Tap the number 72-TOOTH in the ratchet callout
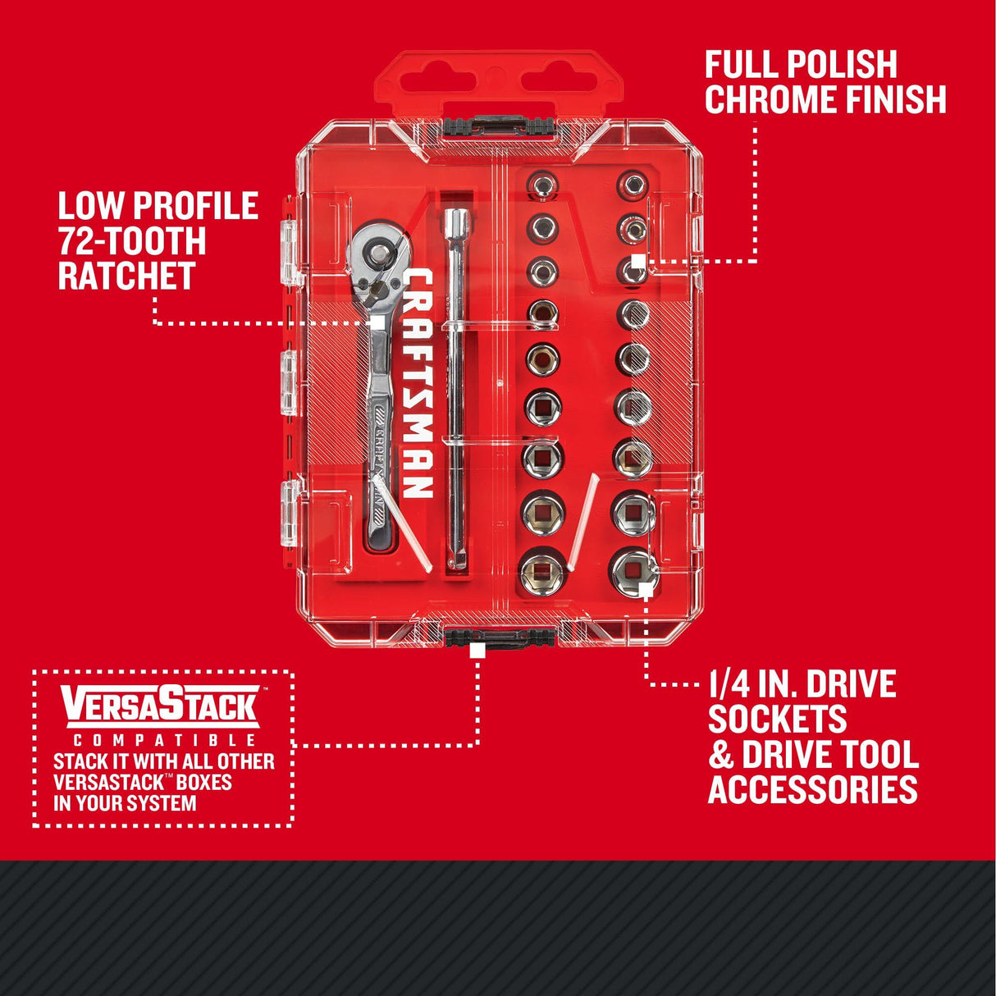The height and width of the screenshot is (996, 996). pos(131,241)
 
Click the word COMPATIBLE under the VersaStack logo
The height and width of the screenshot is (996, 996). pos(162,741)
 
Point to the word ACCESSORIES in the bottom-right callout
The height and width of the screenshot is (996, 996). pos(812,789)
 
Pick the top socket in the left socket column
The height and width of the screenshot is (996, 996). pos(541,185)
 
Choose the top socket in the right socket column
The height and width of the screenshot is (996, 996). pos(631,185)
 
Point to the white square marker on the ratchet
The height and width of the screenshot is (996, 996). pos(377,323)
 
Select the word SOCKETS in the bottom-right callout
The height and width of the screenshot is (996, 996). pos(776,719)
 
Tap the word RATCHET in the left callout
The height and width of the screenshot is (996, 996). pos(126,276)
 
